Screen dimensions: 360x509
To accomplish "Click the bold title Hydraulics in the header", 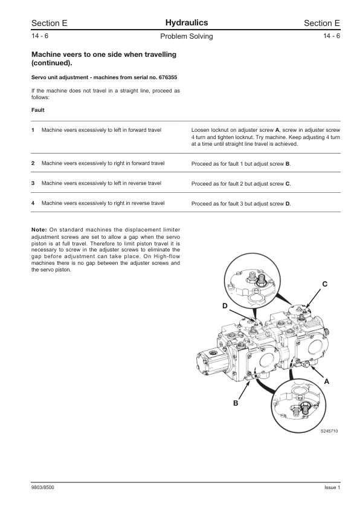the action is [187, 23].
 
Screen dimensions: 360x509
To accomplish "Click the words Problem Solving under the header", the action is [187, 36].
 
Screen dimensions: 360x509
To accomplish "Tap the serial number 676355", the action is [167, 77].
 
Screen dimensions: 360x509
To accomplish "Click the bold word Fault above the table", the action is [37, 110].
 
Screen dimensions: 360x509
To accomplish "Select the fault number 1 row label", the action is [33, 130].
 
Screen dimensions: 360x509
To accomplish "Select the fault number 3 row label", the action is [33, 183].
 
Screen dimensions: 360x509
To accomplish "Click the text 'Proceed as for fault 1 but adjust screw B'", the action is [241, 164].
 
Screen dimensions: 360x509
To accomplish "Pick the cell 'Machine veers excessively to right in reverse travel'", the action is [103, 203].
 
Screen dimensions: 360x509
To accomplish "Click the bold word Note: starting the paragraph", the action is [39, 230].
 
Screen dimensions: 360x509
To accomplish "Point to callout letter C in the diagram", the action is [324, 284].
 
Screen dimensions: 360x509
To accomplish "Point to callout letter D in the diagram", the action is [225, 306].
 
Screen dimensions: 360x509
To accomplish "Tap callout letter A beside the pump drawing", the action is [327, 382].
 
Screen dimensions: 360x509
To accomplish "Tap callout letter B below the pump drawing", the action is [236, 403].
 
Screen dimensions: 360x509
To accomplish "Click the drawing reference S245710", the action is [329, 431].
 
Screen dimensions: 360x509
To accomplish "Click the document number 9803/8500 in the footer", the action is [43, 488].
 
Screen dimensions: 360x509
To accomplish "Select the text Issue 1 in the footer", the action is [332, 488].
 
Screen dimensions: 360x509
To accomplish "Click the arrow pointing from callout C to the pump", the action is [314, 298].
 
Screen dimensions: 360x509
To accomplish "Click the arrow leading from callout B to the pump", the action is [244, 390].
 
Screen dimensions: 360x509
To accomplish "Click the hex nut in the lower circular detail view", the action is [304, 406].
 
